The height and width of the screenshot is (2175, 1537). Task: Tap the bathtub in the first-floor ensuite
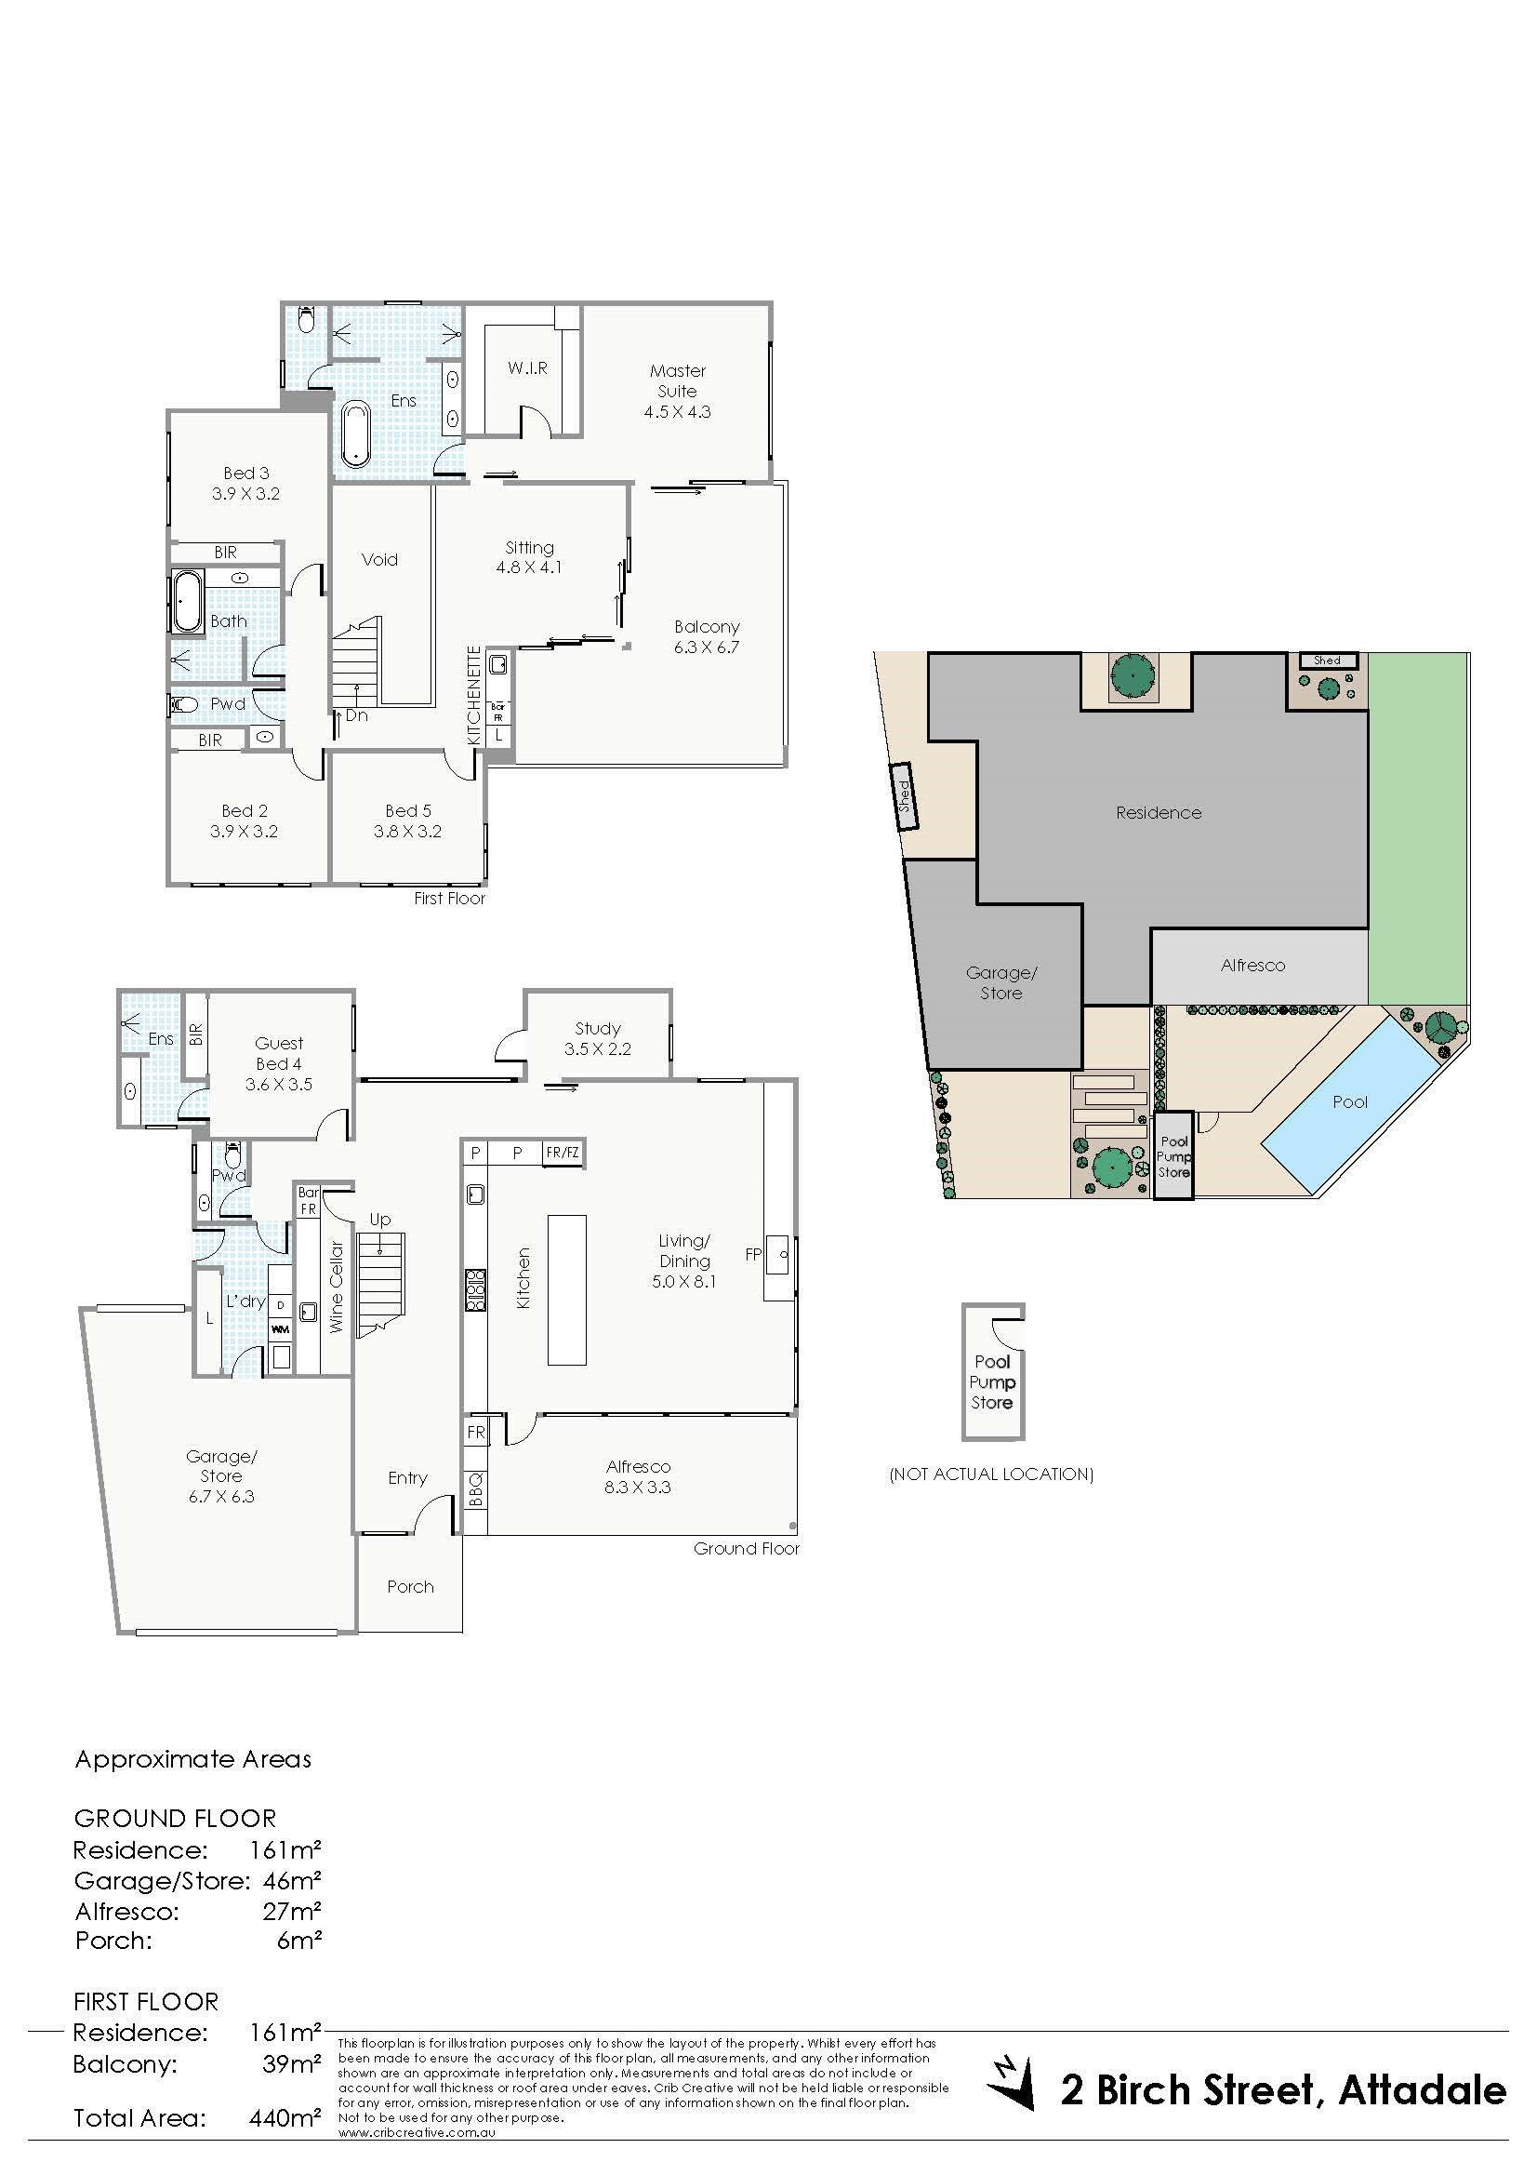356,434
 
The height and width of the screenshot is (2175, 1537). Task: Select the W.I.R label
527,367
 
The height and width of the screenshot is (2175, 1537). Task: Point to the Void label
379,560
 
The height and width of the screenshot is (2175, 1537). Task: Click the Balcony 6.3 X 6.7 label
708,636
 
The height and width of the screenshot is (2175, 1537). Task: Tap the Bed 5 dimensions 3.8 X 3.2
408,832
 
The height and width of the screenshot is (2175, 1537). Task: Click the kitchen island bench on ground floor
566,1290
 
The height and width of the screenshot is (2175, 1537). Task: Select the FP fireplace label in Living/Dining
753,1254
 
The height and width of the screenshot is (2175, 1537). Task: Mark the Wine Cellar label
337,1287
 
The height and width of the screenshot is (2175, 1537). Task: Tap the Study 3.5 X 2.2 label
598,1038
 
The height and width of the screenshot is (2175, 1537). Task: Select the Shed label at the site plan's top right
1327,661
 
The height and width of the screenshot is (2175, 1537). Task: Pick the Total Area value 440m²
286,2117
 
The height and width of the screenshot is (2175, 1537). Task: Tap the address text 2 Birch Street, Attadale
1283,2063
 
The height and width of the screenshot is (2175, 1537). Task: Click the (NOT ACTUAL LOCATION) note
991,1474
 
